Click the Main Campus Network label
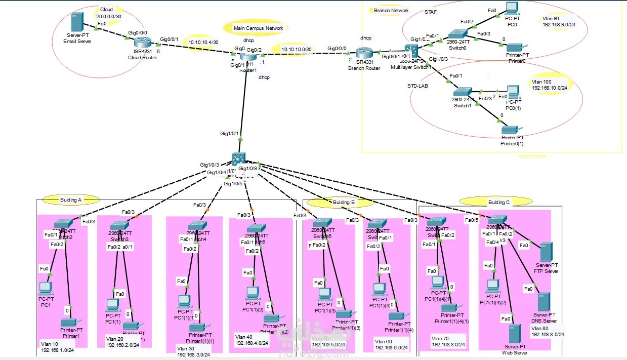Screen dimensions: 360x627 point(258,28)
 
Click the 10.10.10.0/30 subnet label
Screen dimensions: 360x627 point(297,49)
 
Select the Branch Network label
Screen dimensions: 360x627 point(391,10)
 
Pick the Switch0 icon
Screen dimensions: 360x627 point(460,33)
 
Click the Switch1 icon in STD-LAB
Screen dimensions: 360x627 point(462,92)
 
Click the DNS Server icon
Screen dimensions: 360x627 point(544,302)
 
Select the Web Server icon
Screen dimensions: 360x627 point(514,335)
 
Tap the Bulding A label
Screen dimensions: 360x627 point(71,200)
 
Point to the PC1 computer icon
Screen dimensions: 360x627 point(46,288)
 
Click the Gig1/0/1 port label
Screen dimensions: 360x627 point(229,134)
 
